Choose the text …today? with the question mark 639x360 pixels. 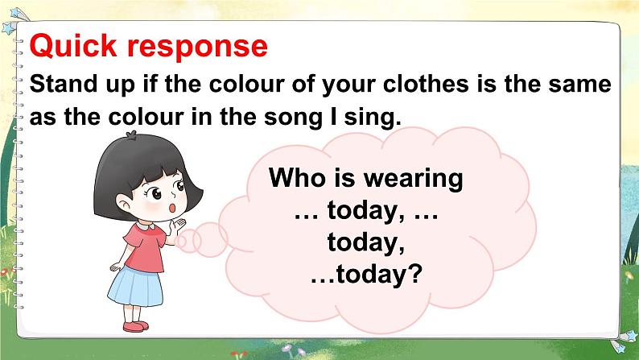[366, 275]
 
